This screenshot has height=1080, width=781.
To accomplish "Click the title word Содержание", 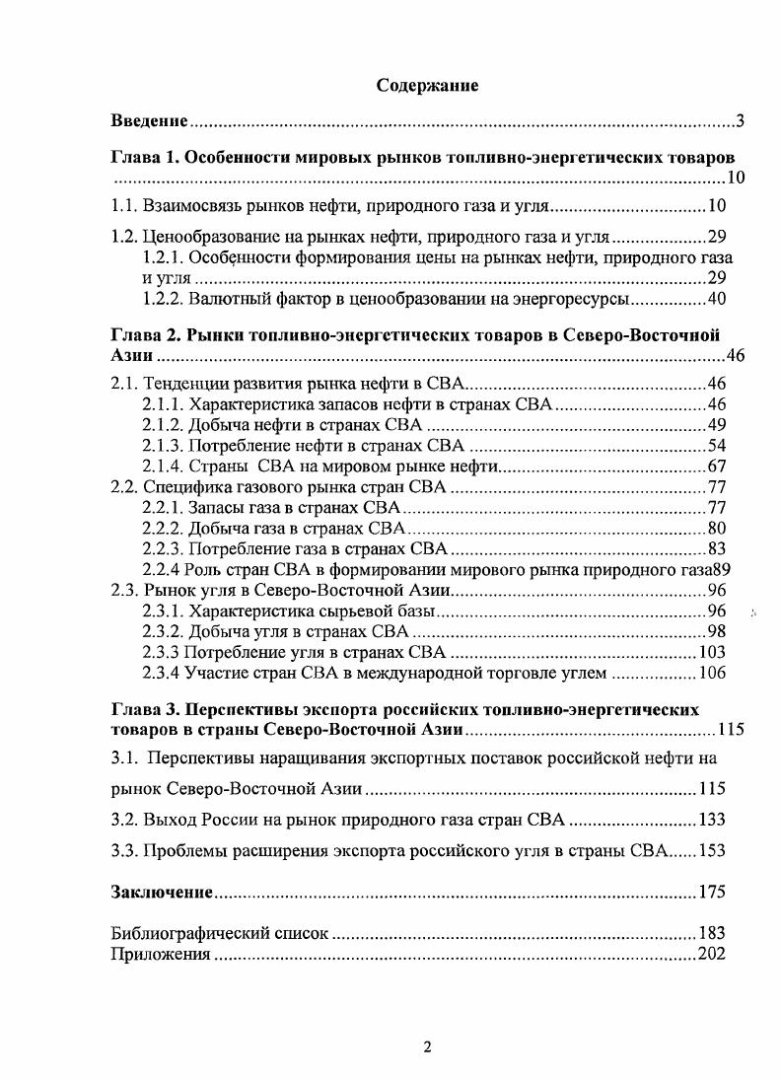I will tap(427, 86).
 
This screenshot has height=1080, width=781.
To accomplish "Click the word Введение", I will tap(148, 122).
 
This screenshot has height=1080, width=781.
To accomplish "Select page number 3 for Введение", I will tap(739, 122).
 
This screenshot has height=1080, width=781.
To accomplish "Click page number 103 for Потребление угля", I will tap(711, 652).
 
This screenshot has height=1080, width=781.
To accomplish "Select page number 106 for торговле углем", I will tap(711, 674).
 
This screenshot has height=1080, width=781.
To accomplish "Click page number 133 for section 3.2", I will tap(711, 820).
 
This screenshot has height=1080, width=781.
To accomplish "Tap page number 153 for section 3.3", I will tap(711, 851).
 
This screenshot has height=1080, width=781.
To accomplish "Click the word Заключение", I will tap(162, 893).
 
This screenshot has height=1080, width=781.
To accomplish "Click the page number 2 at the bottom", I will tap(427, 1047).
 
